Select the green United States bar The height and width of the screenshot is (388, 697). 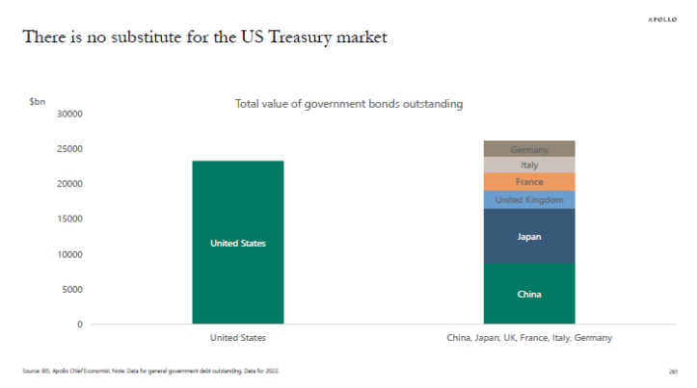[x=237, y=243]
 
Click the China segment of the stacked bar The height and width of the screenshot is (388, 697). [x=529, y=294]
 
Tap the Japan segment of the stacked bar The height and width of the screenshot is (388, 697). [x=529, y=236]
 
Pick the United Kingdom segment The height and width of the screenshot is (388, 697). [x=529, y=199]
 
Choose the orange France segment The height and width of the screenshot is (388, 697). [x=529, y=182]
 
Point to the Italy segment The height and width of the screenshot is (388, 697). [x=529, y=165]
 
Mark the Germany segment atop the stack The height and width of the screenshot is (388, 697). [x=529, y=149]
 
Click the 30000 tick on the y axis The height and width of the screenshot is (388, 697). [x=69, y=114]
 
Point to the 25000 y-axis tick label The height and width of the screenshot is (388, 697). [x=69, y=148]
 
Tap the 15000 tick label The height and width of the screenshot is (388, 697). [x=69, y=219]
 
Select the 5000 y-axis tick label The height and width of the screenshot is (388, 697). [x=72, y=289]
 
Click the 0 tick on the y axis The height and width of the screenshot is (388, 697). [x=80, y=323]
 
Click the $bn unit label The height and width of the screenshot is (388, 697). [x=38, y=100]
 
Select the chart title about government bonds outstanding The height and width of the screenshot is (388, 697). [x=349, y=104]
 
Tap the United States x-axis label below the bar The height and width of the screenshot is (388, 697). [x=237, y=339]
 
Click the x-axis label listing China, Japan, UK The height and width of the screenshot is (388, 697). [x=528, y=339]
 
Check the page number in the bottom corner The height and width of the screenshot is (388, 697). [x=672, y=371]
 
